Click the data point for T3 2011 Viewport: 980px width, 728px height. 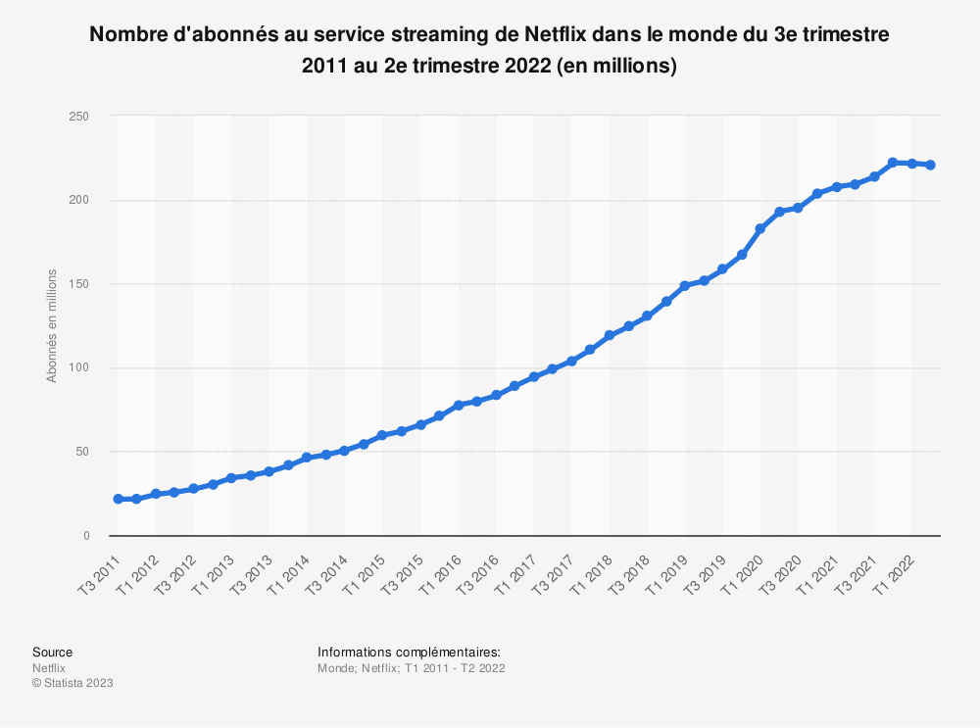click(x=119, y=499)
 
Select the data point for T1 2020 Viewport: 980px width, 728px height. click(x=760, y=228)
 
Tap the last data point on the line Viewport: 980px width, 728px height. click(x=930, y=165)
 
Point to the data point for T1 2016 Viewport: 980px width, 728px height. click(x=458, y=406)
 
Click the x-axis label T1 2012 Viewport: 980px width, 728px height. click(x=138, y=571)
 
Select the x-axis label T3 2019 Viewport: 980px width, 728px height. click(x=707, y=571)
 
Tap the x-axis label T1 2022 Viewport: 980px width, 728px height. click(x=895, y=571)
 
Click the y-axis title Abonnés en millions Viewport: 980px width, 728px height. click(x=52, y=325)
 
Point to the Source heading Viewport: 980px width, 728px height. click(x=52, y=652)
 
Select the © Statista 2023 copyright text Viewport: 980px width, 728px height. click(x=73, y=683)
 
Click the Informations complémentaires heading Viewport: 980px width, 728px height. click(x=409, y=652)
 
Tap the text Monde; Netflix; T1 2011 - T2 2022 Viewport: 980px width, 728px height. click(x=411, y=667)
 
